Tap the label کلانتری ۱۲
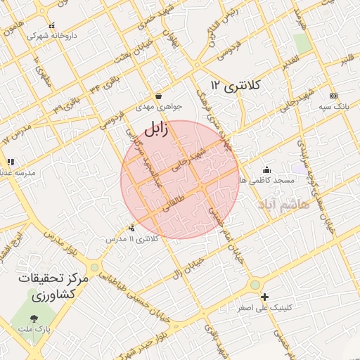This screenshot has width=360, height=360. tap(236, 86)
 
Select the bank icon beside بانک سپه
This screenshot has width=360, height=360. tap(333, 96)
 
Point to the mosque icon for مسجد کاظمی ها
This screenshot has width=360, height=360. tap(266, 169)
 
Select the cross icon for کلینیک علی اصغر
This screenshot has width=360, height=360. tap(264, 297)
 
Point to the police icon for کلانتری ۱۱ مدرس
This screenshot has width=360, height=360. tap(132, 228)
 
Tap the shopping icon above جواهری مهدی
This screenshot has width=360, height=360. tap(158, 96)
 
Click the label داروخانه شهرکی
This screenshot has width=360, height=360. tap(52, 34)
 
